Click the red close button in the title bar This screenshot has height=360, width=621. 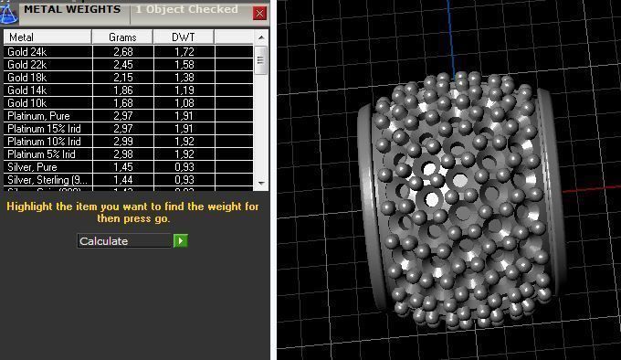click(x=259, y=14)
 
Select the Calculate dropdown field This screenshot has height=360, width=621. click(x=124, y=241)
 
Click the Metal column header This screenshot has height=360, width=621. click(x=47, y=37)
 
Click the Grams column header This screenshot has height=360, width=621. click(x=122, y=37)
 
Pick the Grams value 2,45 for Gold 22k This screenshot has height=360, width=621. click(x=122, y=65)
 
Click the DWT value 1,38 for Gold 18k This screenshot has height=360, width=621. click(x=184, y=78)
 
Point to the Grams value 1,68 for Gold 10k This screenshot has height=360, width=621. click(x=122, y=103)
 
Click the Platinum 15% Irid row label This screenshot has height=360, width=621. click(x=43, y=129)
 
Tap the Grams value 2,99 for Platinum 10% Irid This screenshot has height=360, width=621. click(x=122, y=142)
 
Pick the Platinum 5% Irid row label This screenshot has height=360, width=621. click(x=41, y=154)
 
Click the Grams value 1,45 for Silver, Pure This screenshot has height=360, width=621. click(x=122, y=167)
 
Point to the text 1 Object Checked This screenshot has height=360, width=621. click(x=186, y=10)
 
